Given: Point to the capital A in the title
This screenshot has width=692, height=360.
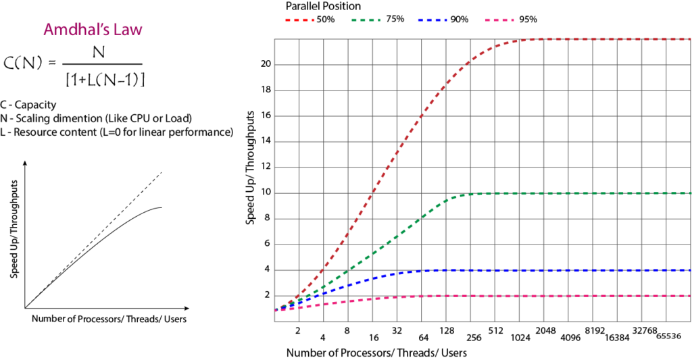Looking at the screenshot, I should (49, 30).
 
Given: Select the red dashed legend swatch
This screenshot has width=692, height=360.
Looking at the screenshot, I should (299, 20).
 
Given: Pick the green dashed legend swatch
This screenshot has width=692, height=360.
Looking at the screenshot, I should (366, 20).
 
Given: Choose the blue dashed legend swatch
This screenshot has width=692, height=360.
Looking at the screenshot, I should (432, 20).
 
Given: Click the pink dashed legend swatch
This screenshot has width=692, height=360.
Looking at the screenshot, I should (499, 20).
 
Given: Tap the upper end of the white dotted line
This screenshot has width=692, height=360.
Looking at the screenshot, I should (161, 174).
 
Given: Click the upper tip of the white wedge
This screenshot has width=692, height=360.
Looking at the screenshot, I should (161, 208).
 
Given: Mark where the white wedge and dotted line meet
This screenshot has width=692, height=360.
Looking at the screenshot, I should (27, 307).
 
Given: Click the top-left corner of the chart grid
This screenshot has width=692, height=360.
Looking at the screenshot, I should (274, 39).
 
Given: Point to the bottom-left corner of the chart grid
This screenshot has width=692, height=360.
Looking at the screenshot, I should (274, 322).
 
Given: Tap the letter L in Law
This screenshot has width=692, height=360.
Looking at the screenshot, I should (122, 30).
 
